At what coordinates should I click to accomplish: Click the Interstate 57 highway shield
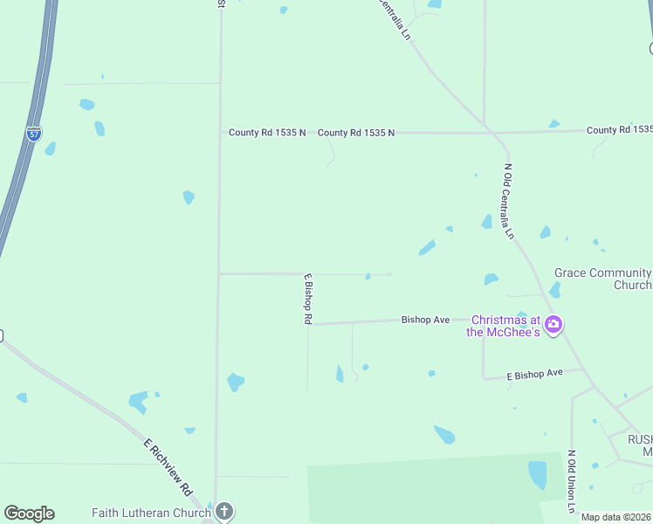tap(33, 134)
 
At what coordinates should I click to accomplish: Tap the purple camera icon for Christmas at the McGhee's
tap(553, 326)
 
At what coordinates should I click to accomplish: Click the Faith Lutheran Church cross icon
tap(224, 512)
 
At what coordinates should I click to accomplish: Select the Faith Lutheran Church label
tap(151, 513)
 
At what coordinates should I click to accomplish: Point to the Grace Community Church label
tap(602, 279)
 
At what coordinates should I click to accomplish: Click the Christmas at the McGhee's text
tap(505, 326)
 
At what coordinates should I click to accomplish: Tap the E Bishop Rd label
tap(307, 299)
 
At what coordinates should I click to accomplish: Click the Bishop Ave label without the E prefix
tap(425, 321)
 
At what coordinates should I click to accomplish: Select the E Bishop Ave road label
tap(535, 374)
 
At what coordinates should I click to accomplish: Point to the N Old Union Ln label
tap(571, 481)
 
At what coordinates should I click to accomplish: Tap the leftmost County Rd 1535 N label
tap(267, 133)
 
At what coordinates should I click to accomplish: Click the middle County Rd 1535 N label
tap(356, 133)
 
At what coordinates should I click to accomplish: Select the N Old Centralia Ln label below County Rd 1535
tap(507, 202)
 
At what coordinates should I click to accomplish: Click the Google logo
tap(29, 514)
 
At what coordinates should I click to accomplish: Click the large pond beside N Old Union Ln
tap(537, 474)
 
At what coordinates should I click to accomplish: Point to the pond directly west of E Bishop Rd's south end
tap(235, 382)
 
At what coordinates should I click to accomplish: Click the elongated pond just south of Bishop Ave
tap(340, 374)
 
